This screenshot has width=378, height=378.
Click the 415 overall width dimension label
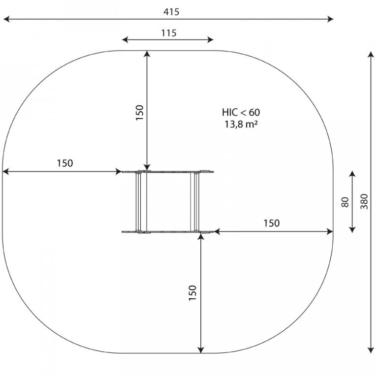[x=171, y=12]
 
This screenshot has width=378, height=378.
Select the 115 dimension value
[x=169, y=33]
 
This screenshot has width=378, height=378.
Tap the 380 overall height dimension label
[x=364, y=201]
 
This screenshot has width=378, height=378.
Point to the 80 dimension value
[x=345, y=202]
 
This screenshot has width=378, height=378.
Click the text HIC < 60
[x=241, y=112]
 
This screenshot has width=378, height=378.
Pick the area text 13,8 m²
[x=241, y=125]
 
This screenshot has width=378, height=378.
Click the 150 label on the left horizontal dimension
[x=65, y=163]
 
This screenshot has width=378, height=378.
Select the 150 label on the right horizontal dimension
[x=272, y=223]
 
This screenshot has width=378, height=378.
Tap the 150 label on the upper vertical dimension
[x=140, y=113]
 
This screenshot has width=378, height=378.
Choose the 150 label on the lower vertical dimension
[x=193, y=293]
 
